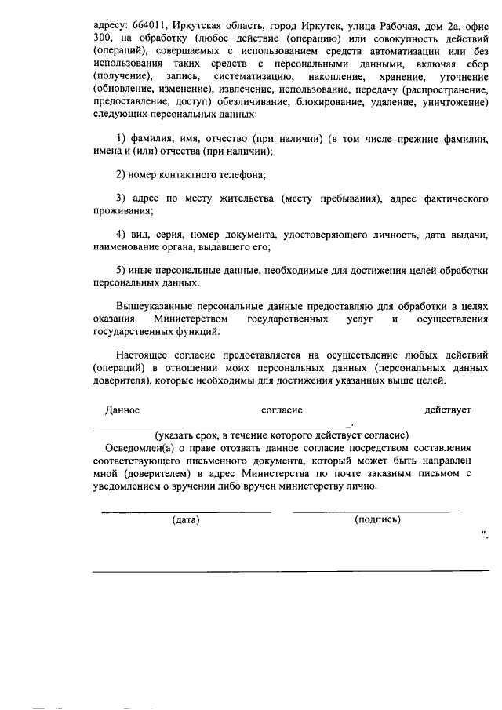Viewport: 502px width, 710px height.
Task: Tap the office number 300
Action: (x=102, y=41)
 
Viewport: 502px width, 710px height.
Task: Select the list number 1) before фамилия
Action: (x=122, y=139)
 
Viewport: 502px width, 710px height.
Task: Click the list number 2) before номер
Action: (x=122, y=173)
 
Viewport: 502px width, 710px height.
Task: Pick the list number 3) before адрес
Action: (x=122, y=197)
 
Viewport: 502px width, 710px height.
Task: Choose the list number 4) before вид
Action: (x=122, y=235)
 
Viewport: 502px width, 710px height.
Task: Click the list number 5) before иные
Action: (x=122, y=269)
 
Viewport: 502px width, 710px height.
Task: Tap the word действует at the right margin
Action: (x=447, y=410)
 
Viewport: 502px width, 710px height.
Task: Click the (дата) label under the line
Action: (x=186, y=519)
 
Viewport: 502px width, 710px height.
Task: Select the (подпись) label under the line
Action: (x=377, y=519)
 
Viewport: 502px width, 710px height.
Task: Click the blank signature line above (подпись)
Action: (x=377, y=511)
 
